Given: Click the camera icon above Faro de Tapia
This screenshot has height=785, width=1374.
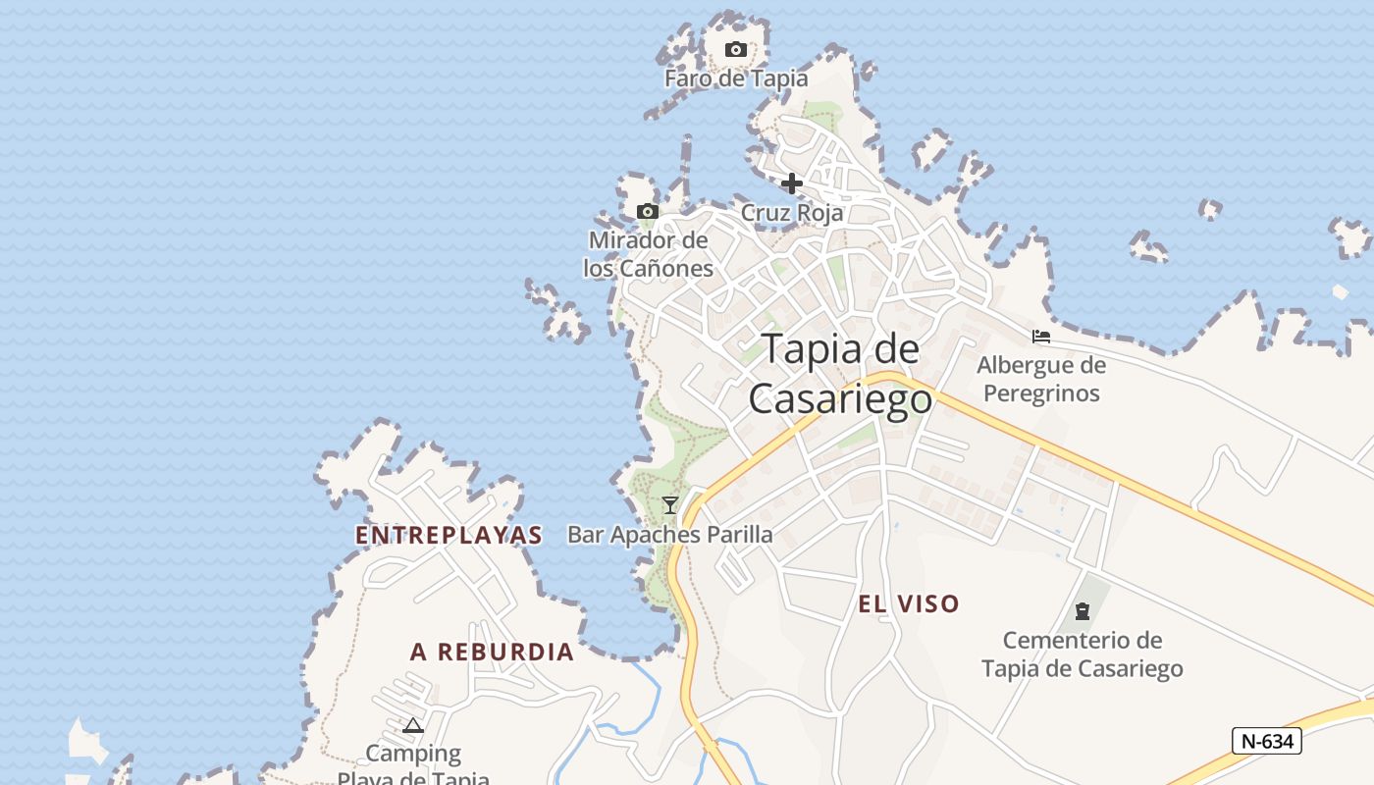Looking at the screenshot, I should pyautogui.click(x=735, y=50).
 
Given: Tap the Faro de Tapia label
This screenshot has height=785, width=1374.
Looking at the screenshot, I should pyautogui.click(x=736, y=78).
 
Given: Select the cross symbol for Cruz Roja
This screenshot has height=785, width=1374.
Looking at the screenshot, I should pyautogui.click(x=792, y=183).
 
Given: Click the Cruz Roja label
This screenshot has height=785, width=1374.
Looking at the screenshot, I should pyautogui.click(x=791, y=213).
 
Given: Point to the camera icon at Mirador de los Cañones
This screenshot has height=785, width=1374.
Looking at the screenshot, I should pyautogui.click(x=647, y=212).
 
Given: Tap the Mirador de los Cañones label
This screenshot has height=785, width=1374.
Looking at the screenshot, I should pyautogui.click(x=648, y=254).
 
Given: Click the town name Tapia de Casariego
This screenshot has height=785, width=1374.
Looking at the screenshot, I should pyautogui.click(x=840, y=374).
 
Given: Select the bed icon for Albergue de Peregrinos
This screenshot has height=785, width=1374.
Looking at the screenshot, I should pyautogui.click(x=1041, y=337).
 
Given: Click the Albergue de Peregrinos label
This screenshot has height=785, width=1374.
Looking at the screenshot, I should pyautogui.click(x=1041, y=380).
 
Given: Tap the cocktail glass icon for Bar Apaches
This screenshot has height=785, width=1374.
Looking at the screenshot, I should pyautogui.click(x=670, y=505).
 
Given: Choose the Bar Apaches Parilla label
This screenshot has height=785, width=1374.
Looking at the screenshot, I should pyautogui.click(x=670, y=535).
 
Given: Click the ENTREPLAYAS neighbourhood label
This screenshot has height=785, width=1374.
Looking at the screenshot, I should pyautogui.click(x=449, y=535).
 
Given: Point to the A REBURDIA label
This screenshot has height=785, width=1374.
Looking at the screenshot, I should pyautogui.click(x=492, y=652).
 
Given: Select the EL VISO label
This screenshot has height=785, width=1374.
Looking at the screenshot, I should pyautogui.click(x=909, y=604).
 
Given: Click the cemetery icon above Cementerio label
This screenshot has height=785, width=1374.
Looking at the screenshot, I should pyautogui.click(x=1083, y=611).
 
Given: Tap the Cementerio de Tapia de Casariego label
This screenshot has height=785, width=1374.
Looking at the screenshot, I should pyautogui.click(x=1083, y=654).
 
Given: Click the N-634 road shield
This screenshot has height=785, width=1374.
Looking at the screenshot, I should pyautogui.click(x=1266, y=742).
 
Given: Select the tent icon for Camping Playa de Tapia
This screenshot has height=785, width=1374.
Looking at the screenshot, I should pyautogui.click(x=413, y=726).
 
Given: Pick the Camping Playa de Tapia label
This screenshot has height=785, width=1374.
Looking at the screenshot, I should pyautogui.click(x=413, y=766).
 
